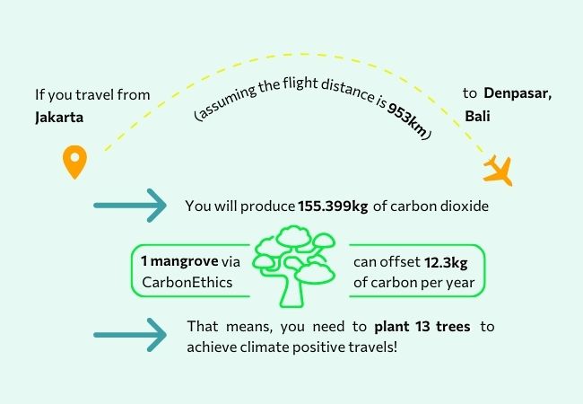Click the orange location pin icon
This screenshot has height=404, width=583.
(74, 162)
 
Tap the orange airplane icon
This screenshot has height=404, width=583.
(498, 171)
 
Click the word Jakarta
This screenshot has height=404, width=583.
(59, 118)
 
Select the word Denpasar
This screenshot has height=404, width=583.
(518, 93)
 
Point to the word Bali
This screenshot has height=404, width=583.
(477, 116)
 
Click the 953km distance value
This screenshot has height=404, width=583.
(407, 119)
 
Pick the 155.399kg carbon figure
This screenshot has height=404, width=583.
(333, 206)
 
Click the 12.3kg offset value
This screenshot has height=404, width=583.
(446, 263)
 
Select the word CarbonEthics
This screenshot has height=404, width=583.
(187, 283)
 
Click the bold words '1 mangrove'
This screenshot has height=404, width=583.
(179, 261)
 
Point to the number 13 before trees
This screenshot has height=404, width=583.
(422, 327)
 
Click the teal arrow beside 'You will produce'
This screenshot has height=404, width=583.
(130, 206)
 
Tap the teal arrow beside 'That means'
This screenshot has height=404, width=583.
(130, 335)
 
